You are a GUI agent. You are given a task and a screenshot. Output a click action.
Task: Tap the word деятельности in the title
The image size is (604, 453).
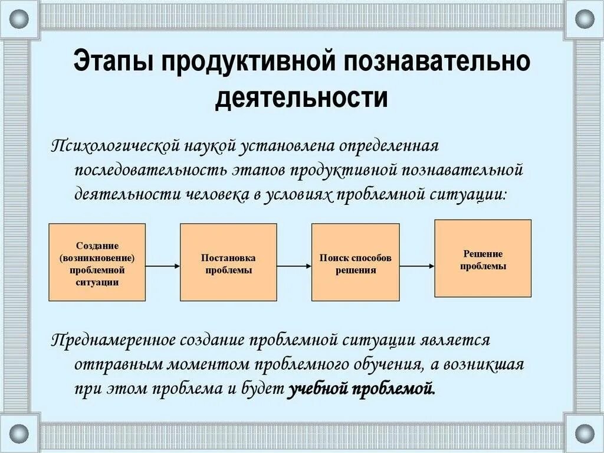[x=301, y=97]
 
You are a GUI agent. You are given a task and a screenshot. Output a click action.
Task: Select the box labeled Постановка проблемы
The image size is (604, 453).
[x=228, y=262]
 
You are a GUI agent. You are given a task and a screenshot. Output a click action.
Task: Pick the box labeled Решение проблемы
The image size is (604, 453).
[x=482, y=258]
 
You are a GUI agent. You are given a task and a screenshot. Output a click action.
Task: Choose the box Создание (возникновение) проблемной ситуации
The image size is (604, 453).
[x=97, y=262]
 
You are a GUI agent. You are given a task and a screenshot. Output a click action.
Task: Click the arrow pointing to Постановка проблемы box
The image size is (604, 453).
[x=162, y=266]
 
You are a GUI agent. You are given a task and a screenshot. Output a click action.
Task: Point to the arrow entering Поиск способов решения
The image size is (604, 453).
[x=294, y=266]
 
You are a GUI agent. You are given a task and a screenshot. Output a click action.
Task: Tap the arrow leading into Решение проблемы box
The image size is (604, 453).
[x=417, y=266]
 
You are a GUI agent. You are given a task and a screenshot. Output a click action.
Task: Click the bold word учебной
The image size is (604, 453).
[x=316, y=389]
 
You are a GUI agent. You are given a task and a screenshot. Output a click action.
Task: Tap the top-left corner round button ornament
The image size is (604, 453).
[x=19, y=19]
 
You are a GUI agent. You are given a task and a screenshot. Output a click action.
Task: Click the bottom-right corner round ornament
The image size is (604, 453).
[x=585, y=433]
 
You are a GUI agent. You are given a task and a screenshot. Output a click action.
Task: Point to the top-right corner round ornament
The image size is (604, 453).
[x=585, y=19]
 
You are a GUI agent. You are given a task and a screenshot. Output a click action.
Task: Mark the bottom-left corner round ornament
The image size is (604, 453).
[x=19, y=433]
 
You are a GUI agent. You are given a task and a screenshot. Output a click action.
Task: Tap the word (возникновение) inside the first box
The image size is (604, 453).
[x=97, y=258]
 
